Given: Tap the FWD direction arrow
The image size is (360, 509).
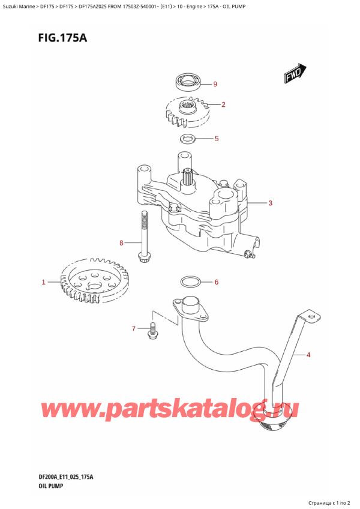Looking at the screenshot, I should click(293, 74).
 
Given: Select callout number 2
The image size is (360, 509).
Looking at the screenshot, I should click(223, 105).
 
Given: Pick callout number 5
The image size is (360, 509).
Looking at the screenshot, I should click(216, 139).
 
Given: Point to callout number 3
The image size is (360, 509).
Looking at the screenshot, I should click(271, 203).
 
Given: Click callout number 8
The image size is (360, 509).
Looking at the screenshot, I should click(121, 243).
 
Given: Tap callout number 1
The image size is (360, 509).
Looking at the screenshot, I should click(43, 282).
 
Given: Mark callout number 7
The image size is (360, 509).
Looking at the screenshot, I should click(134, 328).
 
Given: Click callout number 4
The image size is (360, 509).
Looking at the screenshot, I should click(308, 355).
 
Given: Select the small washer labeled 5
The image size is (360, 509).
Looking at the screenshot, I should click(187, 140).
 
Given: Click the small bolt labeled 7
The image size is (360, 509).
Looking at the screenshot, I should click(152, 330).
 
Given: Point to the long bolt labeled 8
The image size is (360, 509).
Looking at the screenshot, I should click(144, 237).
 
